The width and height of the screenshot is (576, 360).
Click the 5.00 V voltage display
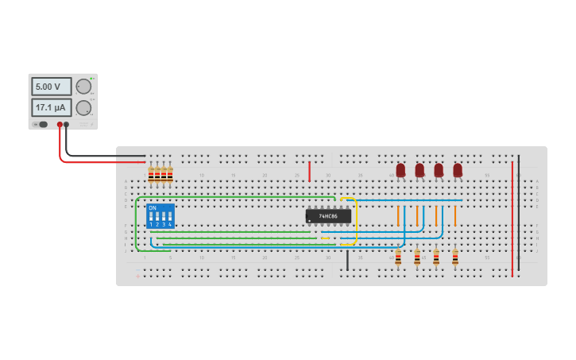click(51, 87)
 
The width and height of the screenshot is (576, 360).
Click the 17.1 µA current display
click(51, 107)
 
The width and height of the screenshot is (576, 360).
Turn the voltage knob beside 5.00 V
click(83, 87)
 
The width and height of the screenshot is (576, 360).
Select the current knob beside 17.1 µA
click(83, 108)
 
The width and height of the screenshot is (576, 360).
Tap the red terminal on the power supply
click(60, 125)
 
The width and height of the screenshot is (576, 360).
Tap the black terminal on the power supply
click(67, 125)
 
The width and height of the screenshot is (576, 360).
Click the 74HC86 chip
click(328, 216)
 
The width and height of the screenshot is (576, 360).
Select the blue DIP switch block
click(160, 216)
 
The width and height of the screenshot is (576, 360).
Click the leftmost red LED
click(400, 170)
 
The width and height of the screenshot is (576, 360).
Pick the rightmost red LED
click(458, 170)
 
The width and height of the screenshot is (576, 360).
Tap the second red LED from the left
click(419, 170)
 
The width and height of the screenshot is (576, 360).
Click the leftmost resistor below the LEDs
click(398, 257)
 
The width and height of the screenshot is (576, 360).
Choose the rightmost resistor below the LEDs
click(455, 257)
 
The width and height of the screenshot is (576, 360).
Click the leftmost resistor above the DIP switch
click(151, 176)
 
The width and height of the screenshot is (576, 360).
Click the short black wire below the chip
click(347, 260)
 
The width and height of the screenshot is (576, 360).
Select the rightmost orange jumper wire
click(455, 216)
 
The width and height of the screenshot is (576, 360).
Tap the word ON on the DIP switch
click(153, 208)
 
